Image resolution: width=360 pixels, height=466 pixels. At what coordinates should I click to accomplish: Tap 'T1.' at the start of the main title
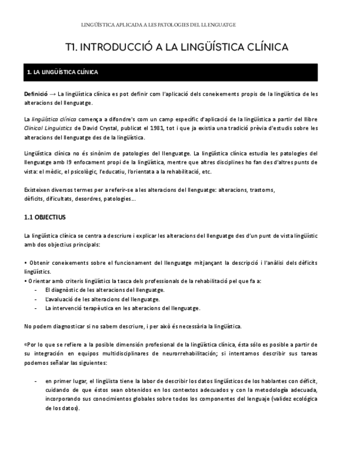coord(71,47)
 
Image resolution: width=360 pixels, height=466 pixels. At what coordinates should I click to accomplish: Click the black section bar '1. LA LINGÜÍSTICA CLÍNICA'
coord(170,72)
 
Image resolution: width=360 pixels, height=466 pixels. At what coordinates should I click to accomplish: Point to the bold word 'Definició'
coord(36,94)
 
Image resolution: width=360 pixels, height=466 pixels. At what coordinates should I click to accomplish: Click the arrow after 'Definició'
coord(53,94)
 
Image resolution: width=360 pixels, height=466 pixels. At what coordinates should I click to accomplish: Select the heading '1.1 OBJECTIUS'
coord(45,217)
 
